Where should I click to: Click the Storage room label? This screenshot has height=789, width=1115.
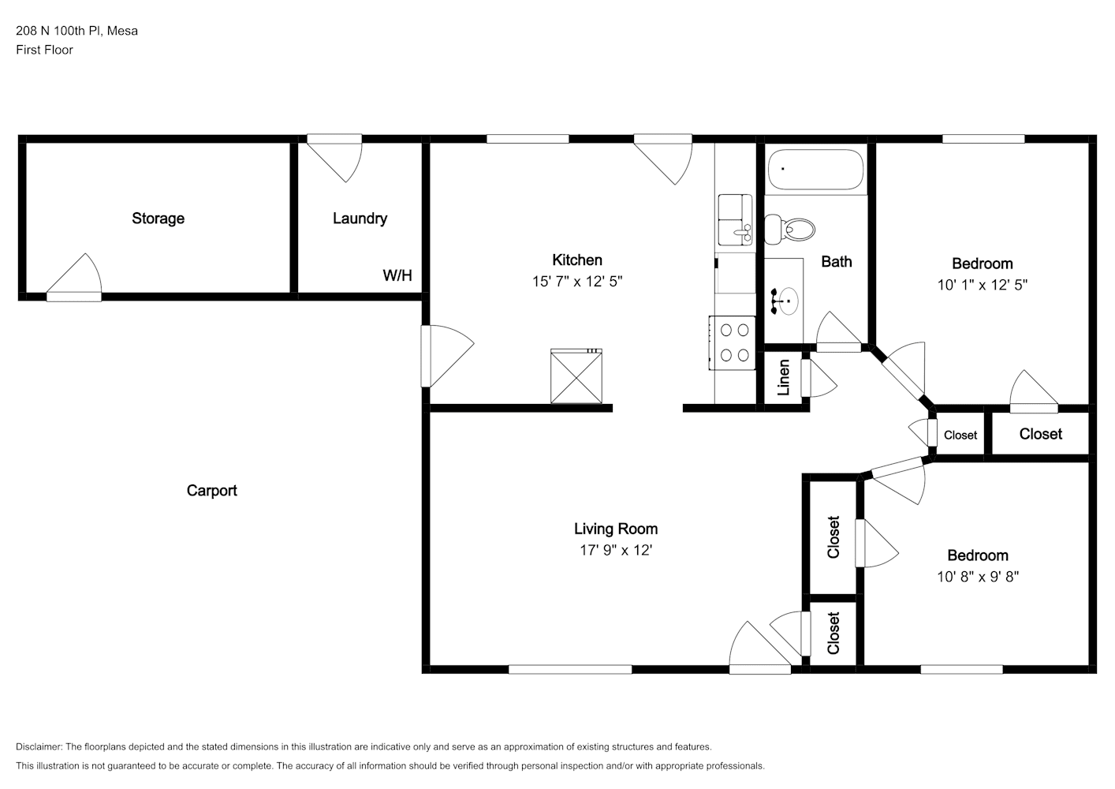tap(158, 219)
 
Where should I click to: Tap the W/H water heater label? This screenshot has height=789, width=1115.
tap(397, 275)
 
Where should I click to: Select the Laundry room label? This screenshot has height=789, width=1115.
tap(360, 219)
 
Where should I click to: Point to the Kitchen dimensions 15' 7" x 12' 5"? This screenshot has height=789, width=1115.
tap(577, 282)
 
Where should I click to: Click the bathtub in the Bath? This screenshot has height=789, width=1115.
tap(815, 170)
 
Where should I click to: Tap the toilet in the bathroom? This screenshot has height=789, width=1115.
tap(789, 230)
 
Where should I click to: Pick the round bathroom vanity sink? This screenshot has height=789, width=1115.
tap(788, 301)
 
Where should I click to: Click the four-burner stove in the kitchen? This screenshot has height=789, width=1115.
tap(733, 342)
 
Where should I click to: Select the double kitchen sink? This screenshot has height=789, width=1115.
tap(735, 219)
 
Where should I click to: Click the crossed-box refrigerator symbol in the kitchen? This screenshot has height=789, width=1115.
tap(576, 376)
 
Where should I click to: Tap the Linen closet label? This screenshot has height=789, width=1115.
tap(784, 378)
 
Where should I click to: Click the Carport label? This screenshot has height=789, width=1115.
tap(211, 491)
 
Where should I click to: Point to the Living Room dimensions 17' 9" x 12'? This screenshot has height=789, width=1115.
tap(616, 550)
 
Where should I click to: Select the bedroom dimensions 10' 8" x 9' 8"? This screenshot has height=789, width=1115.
tap(978, 576)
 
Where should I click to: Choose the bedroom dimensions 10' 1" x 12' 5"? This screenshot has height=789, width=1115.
tap(982, 285)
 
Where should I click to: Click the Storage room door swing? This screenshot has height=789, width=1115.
tap(75, 277)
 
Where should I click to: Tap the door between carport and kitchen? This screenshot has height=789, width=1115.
tap(447, 356)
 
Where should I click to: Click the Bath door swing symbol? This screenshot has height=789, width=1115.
tap(839, 331)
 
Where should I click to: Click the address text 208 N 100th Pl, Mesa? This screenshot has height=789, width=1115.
tap(76, 31)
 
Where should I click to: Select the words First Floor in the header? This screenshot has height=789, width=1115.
tap(44, 50)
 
